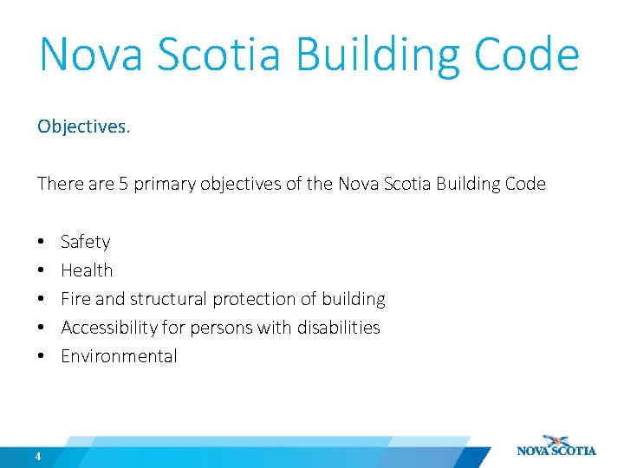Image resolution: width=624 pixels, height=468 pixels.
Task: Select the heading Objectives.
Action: (x=83, y=127)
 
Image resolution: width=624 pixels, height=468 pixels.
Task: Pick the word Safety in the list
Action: (x=86, y=242)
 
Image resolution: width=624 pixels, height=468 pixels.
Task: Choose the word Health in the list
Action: (x=87, y=270)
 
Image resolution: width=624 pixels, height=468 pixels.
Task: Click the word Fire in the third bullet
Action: (x=75, y=299)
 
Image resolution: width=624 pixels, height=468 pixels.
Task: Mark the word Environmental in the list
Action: (x=119, y=356)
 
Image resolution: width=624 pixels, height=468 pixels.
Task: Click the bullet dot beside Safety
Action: (x=42, y=242)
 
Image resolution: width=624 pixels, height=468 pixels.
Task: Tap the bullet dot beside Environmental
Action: (x=42, y=356)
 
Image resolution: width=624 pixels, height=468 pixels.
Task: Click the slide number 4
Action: (x=39, y=457)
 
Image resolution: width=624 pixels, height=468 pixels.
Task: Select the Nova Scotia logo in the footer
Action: (x=556, y=445)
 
